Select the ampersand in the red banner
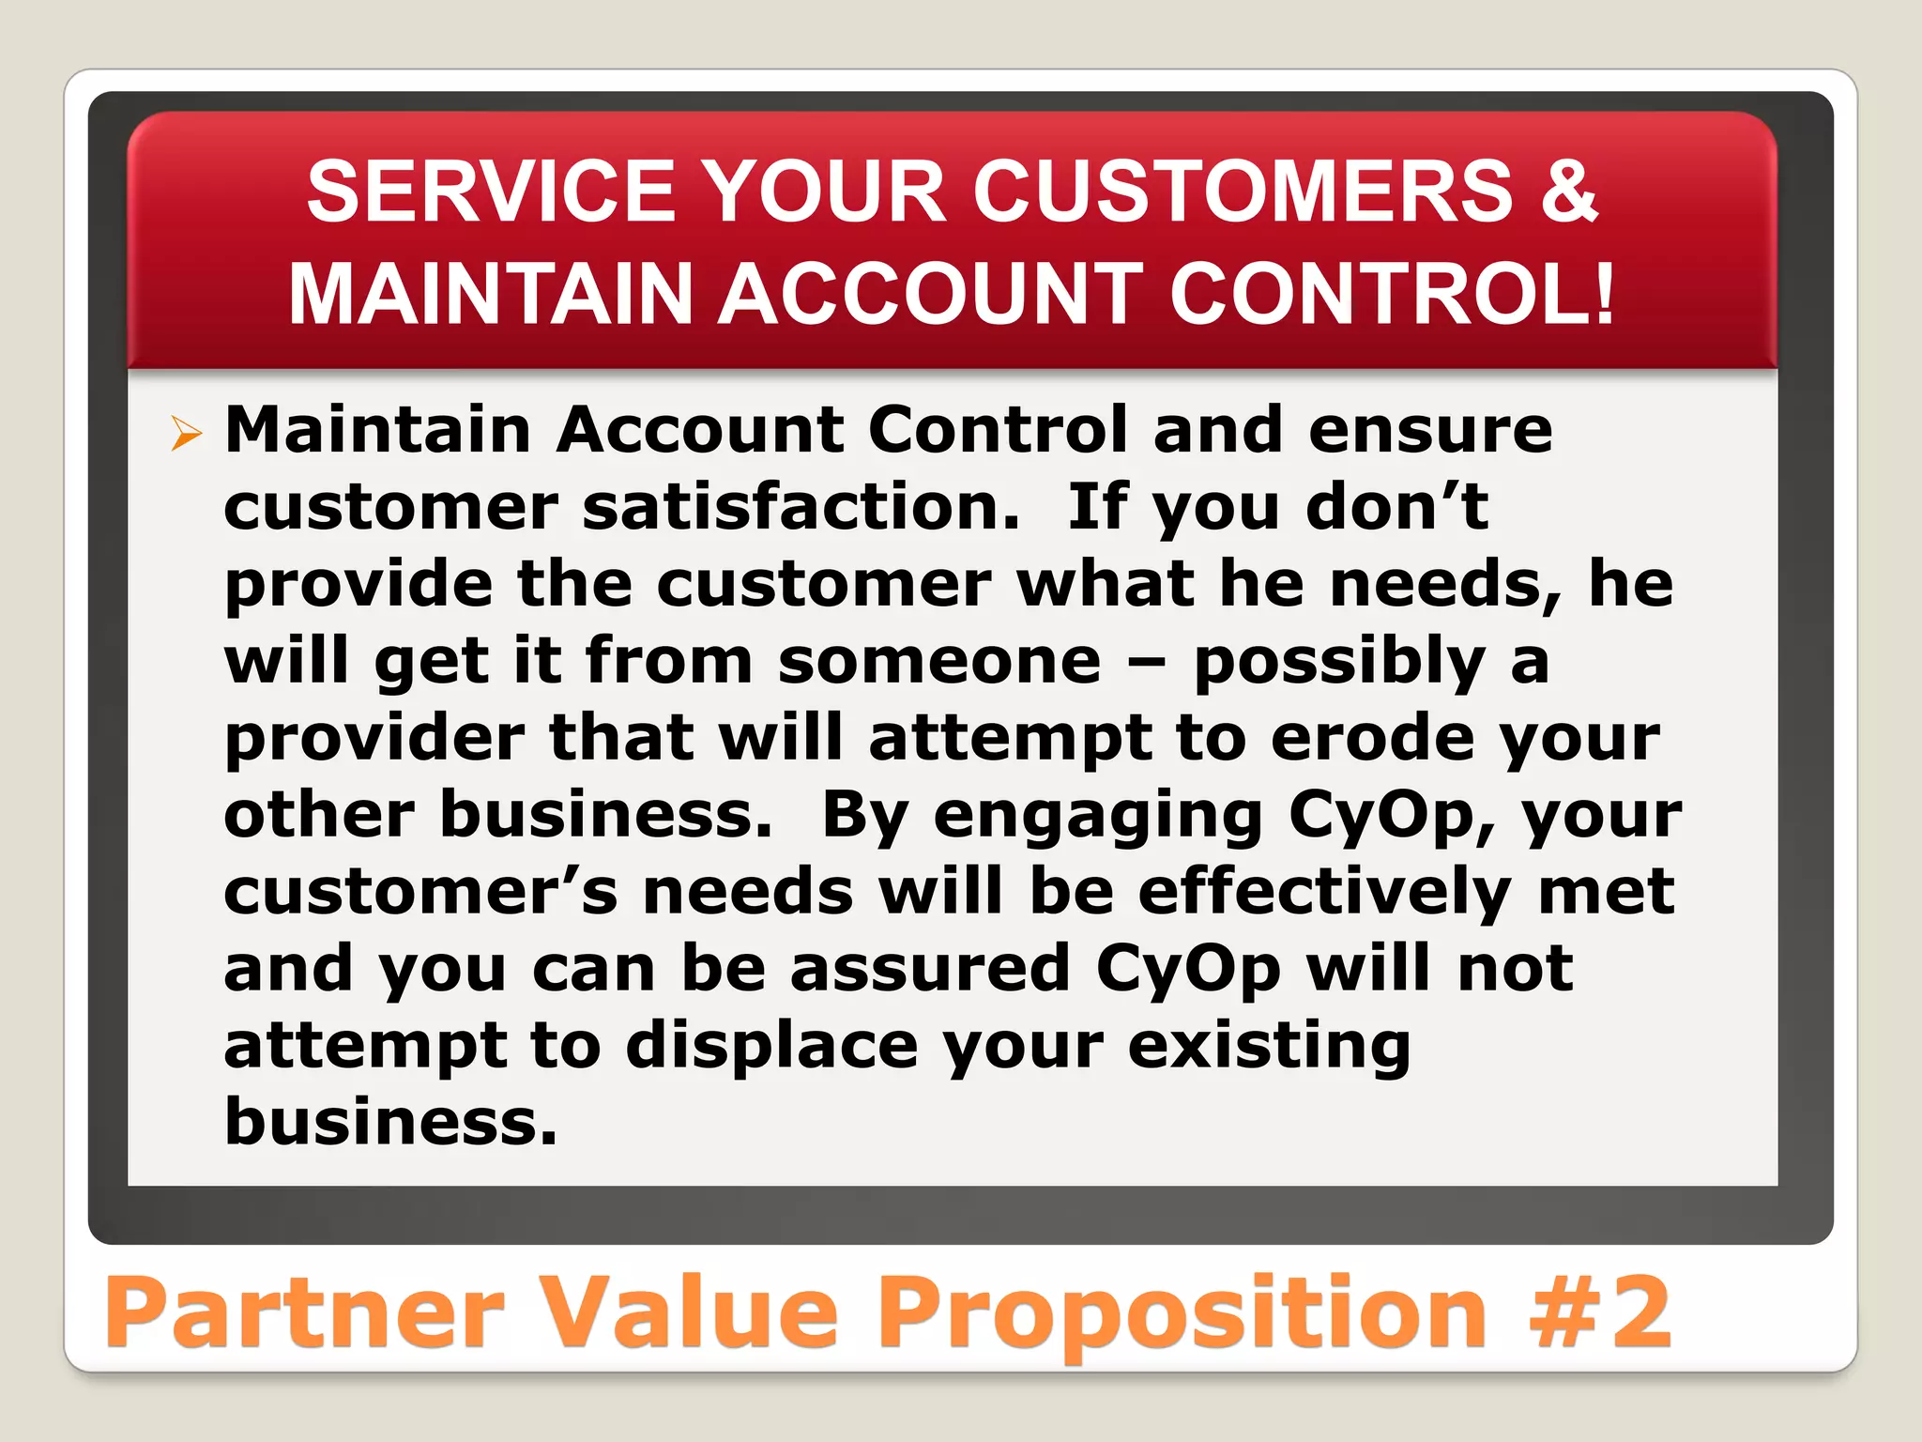[1566, 192]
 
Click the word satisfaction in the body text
[801, 508]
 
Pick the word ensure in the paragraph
[1429, 431]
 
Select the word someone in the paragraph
[938, 661]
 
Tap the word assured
[930, 969]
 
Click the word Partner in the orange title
[305, 1312]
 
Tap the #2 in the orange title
[1601, 1312]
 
